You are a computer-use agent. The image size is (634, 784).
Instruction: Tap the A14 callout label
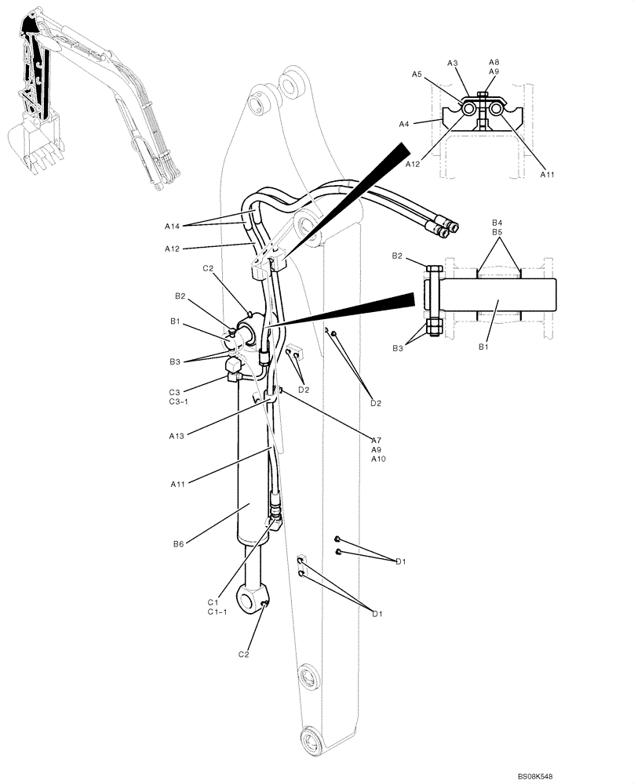pos(173,226)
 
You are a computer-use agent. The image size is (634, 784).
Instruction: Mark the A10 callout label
pos(379,459)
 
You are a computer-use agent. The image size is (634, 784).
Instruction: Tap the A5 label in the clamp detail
pos(417,74)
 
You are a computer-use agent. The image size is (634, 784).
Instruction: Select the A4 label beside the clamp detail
pos(403,123)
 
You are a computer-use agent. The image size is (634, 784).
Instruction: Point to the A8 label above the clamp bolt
pos(494,62)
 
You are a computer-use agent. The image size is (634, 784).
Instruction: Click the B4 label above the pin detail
pos(497,223)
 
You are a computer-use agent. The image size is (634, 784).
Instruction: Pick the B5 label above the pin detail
pos(497,232)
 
